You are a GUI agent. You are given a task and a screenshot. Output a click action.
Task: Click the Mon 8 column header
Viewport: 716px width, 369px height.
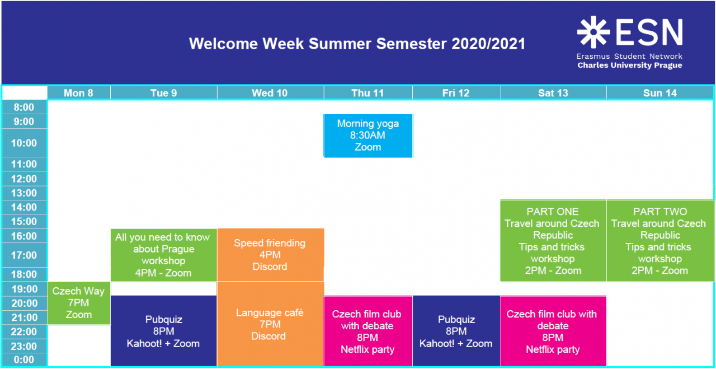[x=79, y=93]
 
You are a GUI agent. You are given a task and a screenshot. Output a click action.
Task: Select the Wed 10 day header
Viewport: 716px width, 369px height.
[x=270, y=93]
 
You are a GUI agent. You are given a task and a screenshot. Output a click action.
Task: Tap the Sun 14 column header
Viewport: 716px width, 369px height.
[x=660, y=93]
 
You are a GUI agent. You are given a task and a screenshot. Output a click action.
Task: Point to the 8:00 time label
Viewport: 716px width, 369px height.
[x=24, y=107]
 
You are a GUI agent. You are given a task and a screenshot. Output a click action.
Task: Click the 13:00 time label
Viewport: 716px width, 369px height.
[x=24, y=193]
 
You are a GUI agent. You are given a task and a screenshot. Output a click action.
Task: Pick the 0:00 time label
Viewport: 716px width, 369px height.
[x=24, y=359]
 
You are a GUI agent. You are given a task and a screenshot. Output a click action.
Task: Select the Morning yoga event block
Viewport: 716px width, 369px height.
[x=368, y=136]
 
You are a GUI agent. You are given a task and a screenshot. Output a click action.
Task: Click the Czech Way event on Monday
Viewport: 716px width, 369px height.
[x=79, y=303]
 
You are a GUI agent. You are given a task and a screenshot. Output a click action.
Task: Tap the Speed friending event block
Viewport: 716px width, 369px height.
[x=270, y=255]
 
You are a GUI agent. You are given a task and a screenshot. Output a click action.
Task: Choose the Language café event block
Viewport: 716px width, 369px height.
[x=270, y=324]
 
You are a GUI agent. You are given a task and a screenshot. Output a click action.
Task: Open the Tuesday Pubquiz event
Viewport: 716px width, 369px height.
[x=164, y=331]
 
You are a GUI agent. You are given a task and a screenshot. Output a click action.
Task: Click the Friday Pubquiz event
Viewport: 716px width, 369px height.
[x=456, y=331]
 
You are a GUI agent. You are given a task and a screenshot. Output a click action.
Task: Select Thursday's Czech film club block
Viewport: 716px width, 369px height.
[x=368, y=331]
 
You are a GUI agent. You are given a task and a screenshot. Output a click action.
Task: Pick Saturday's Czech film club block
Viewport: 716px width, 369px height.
[x=553, y=331]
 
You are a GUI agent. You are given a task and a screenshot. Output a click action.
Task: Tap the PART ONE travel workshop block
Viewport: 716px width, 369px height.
[x=553, y=241]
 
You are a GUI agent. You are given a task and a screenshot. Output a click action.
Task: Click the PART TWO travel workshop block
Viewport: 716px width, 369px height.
[x=660, y=241]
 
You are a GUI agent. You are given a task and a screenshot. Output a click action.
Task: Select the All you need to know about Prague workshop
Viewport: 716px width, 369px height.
[x=164, y=255]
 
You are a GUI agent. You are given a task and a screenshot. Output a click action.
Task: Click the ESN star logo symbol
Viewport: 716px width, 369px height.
[x=593, y=32]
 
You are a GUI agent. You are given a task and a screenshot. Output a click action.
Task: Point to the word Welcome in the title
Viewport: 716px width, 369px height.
[x=223, y=44]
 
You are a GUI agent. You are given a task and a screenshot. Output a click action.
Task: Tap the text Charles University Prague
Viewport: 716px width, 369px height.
[x=630, y=66]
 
